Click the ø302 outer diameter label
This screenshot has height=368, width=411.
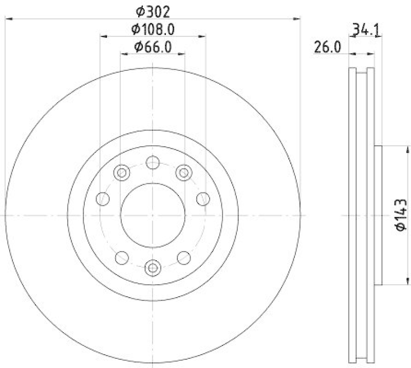(153, 10)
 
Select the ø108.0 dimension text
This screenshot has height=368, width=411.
(153, 29)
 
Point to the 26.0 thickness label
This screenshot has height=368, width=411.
(328, 48)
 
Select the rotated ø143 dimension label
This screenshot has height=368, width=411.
(401, 215)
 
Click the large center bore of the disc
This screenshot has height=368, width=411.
(153, 215)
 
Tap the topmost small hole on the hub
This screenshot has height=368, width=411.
(153, 162)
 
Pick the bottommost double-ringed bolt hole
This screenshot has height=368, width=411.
(153, 267)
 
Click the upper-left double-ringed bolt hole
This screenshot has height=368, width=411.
(122, 172)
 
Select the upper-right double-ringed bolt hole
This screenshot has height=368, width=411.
(183, 172)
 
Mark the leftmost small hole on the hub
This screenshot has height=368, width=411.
(103, 198)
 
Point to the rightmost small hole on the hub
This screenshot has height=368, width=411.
(203, 198)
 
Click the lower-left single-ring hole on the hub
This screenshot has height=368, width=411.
(122, 257)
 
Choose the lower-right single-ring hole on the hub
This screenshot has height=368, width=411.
(183, 257)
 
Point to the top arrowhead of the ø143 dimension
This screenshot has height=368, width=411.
(408, 149)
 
